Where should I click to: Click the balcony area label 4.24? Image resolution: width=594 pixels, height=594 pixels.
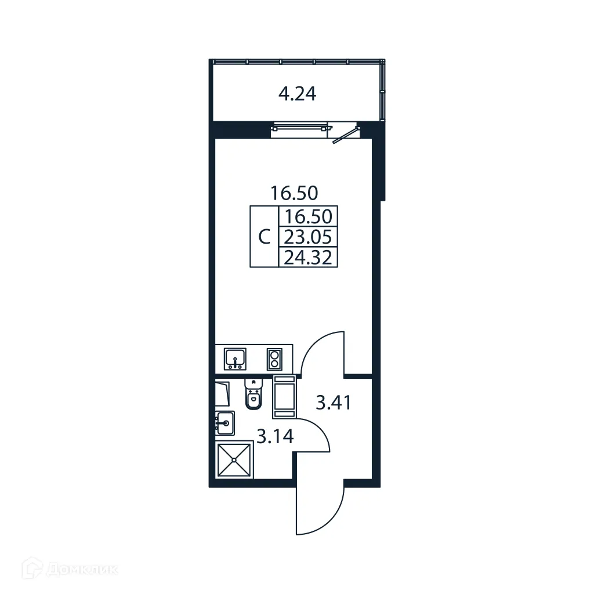(x=297, y=94)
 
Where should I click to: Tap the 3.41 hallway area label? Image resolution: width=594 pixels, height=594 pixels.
(x=333, y=401)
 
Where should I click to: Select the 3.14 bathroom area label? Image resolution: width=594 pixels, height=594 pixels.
(x=275, y=436)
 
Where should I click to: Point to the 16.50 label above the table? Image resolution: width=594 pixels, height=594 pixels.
(x=295, y=192)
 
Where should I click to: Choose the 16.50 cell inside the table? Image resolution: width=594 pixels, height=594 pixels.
(x=308, y=216)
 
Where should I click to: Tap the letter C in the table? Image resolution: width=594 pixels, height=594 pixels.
(x=264, y=237)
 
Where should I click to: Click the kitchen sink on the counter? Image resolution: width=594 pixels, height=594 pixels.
(x=235, y=358)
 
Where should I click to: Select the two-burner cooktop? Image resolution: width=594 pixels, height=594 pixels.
(x=273, y=359)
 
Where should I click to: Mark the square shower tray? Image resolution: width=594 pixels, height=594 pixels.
(x=234, y=459)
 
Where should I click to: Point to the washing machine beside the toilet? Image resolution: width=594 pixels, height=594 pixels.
(x=285, y=396)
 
